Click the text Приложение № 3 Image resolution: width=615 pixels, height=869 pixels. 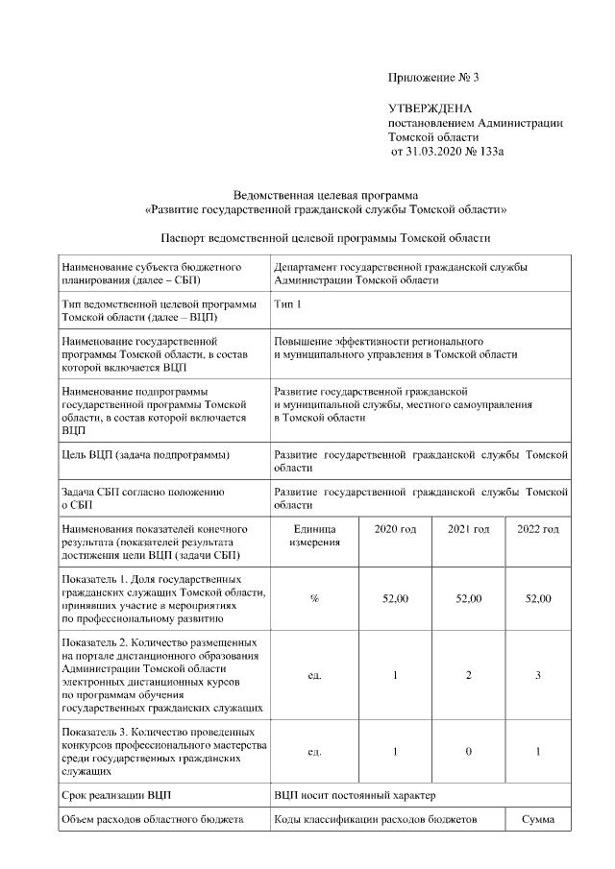click(432, 77)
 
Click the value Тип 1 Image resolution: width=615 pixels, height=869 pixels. click(288, 304)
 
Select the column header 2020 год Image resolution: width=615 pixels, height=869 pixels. click(395, 529)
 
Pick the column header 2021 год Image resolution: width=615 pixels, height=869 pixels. click(468, 529)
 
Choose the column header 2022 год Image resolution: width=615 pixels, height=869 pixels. click(537, 529)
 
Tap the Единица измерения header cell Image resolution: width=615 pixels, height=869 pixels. click(314, 536)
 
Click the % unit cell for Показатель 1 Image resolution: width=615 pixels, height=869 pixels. click(314, 598)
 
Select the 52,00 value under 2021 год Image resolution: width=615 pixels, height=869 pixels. click(468, 598)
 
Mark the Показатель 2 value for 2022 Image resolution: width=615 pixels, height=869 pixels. click(537, 675)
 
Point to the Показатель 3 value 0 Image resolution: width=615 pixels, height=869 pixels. click(468, 751)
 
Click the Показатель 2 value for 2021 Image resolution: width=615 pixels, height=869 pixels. click(468, 675)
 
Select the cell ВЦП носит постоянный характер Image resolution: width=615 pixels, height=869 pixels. click(355, 795)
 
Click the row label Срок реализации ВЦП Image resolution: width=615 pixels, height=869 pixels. click(116, 795)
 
